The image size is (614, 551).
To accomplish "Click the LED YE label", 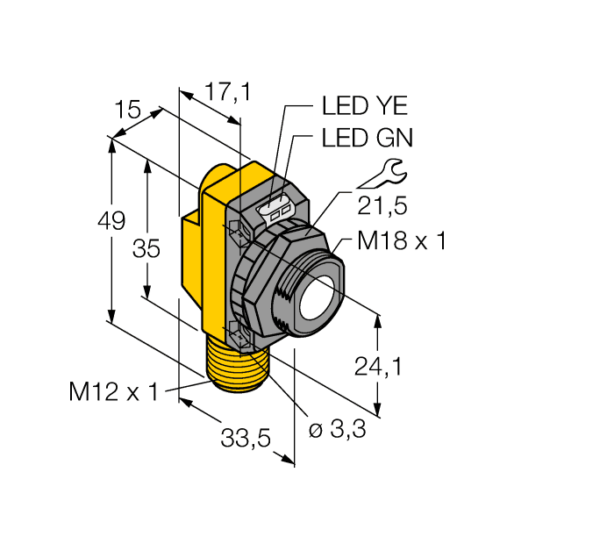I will click(365, 107).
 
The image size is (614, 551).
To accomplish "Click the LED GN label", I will click(367, 138).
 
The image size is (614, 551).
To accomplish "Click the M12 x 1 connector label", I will click(114, 392).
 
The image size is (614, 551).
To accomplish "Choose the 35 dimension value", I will click(146, 249).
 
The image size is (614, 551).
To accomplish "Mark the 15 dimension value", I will click(128, 110).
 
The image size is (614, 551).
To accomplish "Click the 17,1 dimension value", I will click(227, 90).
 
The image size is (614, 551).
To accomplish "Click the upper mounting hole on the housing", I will click(236, 230).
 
